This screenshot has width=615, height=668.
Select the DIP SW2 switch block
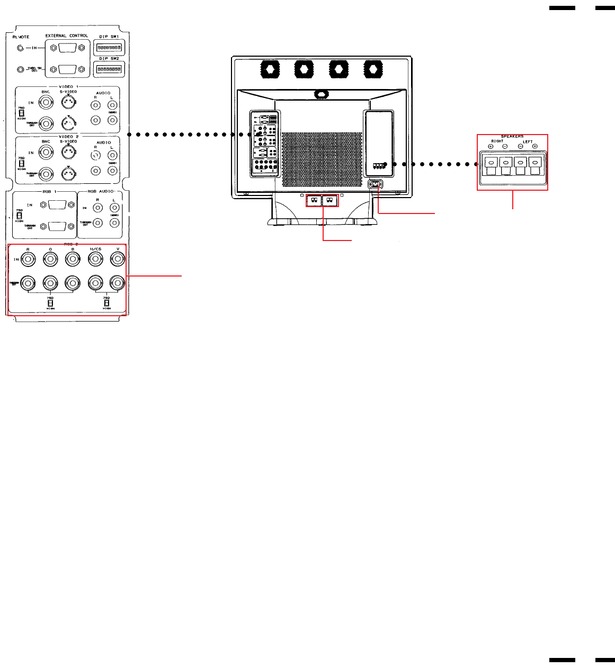coord(109,69)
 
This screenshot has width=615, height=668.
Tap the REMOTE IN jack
coord(21,48)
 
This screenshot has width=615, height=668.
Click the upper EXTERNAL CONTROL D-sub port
coord(66,48)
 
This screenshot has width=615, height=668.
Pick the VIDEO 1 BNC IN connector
coord(46,103)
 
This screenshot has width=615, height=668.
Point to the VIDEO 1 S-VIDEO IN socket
coord(68,102)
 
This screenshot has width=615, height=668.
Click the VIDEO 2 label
coord(68,137)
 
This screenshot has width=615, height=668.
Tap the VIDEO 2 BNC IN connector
coord(46,153)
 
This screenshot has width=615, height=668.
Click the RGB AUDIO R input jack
coord(97,208)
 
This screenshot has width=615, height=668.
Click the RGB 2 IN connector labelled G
coord(50,259)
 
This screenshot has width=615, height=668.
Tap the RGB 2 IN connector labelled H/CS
coord(95,259)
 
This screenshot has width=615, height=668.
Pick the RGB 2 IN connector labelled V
coord(117,259)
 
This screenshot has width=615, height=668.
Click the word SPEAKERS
coord(512,137)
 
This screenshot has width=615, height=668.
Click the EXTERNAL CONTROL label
coord(67,36)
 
